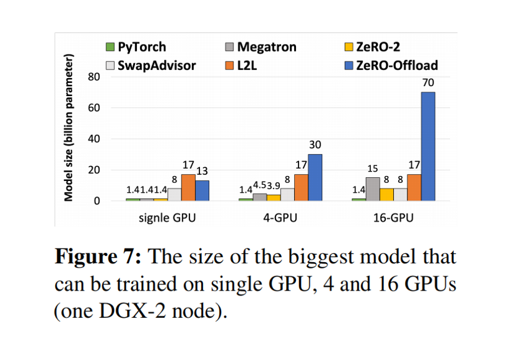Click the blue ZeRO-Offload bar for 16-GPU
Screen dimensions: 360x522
[x=428, y=146]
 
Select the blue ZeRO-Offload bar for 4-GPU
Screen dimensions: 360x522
[x=315, y=177]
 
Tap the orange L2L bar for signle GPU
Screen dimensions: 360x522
[x=188, y=187]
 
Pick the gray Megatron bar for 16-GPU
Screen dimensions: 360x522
[x=373, y=189]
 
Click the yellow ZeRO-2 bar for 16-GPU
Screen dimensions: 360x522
[x=386, y=195]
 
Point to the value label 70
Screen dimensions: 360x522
[x=428, y=82]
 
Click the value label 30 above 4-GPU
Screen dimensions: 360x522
[x=315, y=144]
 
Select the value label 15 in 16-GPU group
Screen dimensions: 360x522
[x=373, y=168]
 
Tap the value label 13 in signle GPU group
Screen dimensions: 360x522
[x=202, y=171]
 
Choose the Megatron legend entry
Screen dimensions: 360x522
[x=260, y=47]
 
